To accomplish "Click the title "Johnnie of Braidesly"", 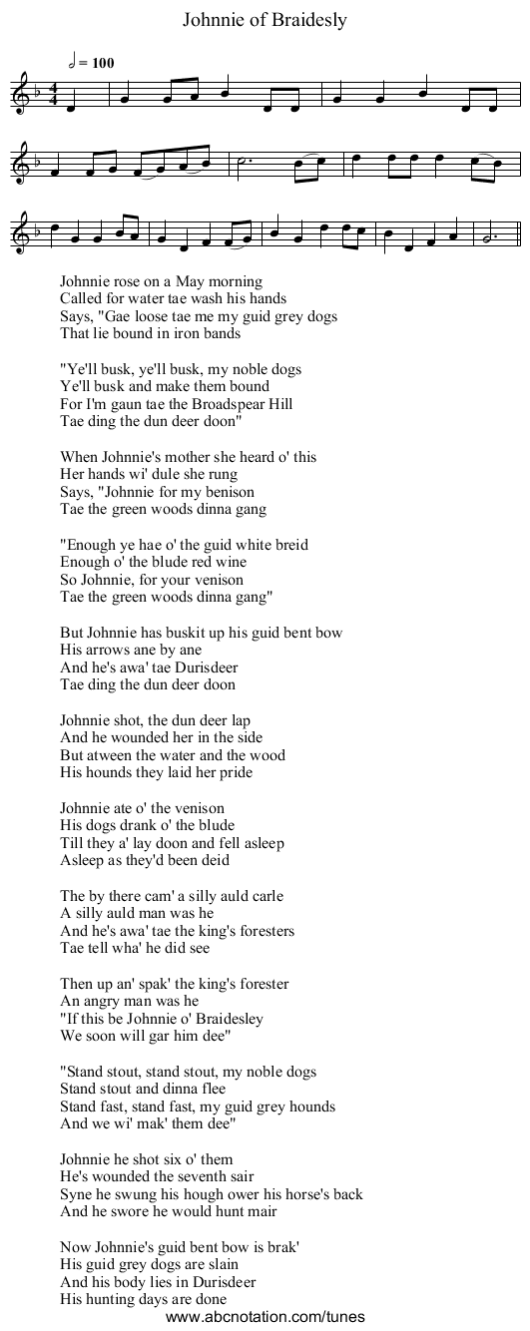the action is click(265, 19).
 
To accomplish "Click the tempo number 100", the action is click(102, 63).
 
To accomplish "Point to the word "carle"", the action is click(263, 895).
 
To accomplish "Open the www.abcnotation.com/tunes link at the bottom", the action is click(265, 1317).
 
